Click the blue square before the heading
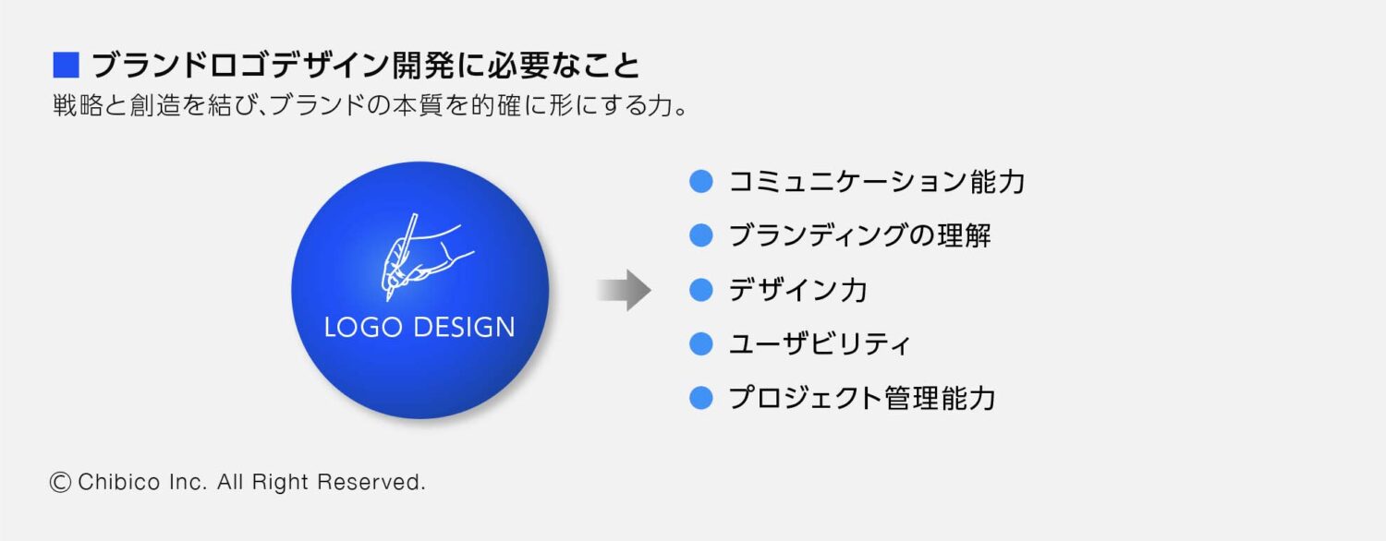[x=67, y=66]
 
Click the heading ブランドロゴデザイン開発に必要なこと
[x=365, y=66]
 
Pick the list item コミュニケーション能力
[x=877, y=182]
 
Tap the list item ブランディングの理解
[x=859, y=235]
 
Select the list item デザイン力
[x=797, y=290]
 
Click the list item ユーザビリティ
[x=820, y=344]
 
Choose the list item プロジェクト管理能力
[x=861, y=398]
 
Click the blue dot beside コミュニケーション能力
[x=702, y=182]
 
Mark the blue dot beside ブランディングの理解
[x=702, y=235]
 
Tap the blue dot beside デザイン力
[x=702, y=290]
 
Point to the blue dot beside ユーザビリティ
[x=702, y=344]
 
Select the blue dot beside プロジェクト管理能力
[x=702, y=398]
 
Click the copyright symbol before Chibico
[x=61, y=482]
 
